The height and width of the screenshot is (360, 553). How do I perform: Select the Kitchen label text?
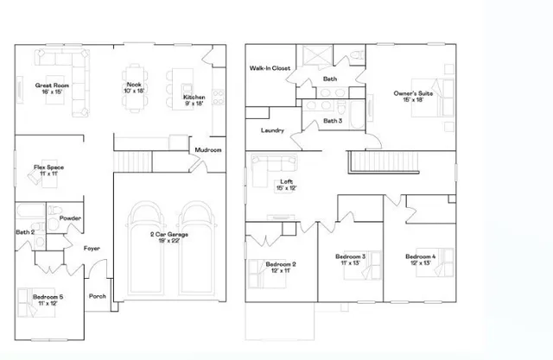194,98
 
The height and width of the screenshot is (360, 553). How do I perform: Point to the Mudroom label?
208,150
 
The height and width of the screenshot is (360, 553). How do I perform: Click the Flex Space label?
48,167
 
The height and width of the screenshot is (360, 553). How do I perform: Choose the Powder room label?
71,218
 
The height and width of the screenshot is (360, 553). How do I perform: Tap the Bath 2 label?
25,232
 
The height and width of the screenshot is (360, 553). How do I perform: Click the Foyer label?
92,249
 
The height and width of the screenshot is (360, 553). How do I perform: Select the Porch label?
97,296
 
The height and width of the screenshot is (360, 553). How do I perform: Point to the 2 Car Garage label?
170,235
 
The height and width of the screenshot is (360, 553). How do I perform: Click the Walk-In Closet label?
270,67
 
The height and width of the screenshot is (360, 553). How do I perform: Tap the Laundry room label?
273,130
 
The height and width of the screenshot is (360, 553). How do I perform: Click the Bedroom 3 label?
352,257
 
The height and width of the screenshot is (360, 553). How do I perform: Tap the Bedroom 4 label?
421,257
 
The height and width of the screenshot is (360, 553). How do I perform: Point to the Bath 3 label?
333,121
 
